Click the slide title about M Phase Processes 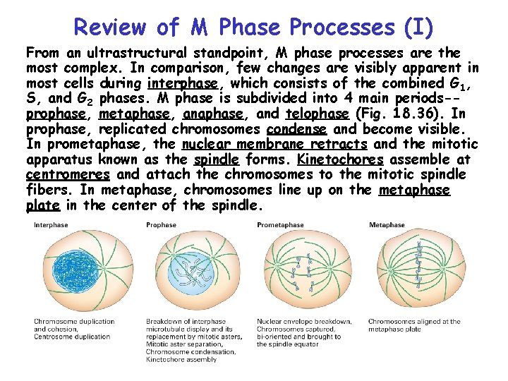click(253, 27)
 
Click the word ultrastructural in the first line click(146, 53)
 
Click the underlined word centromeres click(68, 175)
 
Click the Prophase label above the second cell click(161, 225)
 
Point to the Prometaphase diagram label click(280, 225)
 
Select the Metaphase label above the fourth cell click(387, 225)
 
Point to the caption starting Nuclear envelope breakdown click(303, 322)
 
